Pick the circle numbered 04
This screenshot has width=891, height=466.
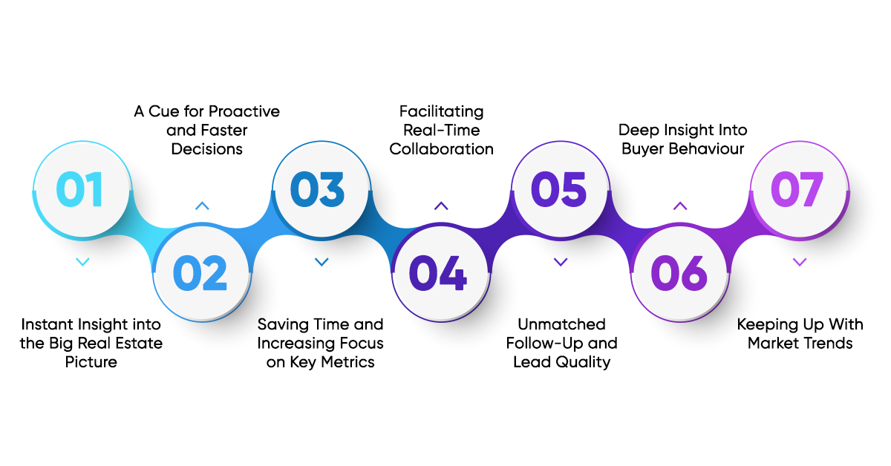440,274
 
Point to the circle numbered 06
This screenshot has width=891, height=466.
679,274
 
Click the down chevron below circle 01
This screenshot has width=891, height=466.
83,261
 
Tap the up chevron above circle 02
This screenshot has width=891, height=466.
202,206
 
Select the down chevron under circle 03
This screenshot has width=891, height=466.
322,261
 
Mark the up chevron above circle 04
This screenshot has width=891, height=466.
441,206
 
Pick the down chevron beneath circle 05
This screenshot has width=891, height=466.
561,261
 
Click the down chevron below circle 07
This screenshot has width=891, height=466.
800,261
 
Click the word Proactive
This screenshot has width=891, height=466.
244,112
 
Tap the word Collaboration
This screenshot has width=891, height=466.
441,149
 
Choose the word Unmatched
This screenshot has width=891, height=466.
561,324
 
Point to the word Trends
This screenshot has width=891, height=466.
826,343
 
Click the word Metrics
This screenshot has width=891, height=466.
348,362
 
